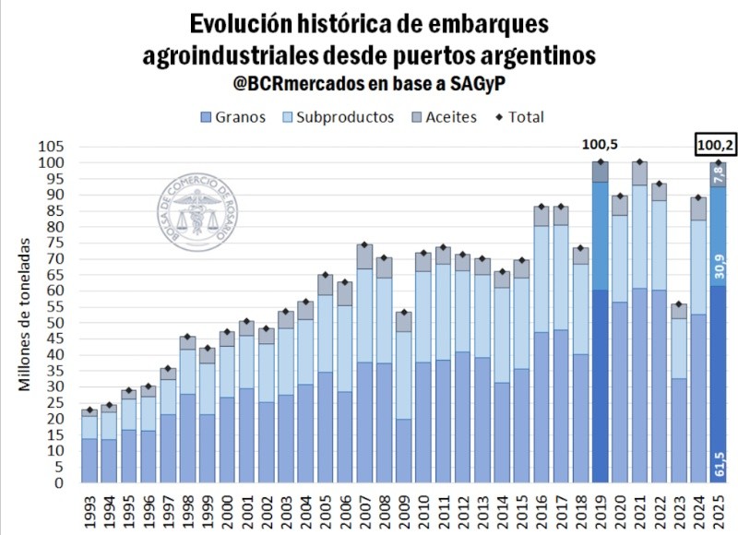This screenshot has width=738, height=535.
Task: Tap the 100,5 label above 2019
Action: pos(600,145)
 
